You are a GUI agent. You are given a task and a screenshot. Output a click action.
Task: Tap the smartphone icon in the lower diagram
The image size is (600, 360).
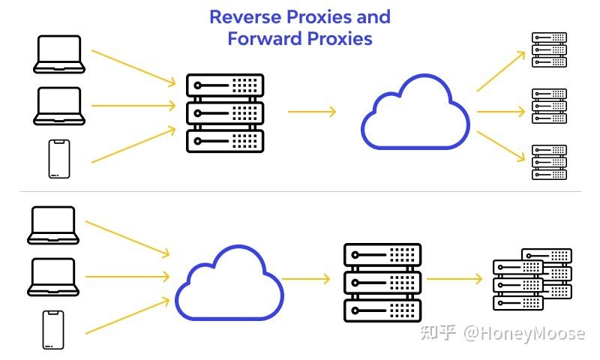point(53,330)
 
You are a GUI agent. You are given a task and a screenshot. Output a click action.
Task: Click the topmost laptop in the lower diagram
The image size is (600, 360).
point(53,225)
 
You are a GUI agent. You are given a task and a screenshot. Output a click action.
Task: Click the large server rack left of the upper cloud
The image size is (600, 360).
point(225,112)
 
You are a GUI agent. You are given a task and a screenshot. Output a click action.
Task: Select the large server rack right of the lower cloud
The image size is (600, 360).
point(382,281)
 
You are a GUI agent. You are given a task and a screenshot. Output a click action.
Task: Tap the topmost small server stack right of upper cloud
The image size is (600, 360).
point(549,49)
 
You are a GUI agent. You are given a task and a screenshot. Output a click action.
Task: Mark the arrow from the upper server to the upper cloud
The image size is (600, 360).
point(311,112)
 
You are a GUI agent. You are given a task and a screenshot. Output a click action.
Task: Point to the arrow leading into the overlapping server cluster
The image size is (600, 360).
point(454,279)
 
